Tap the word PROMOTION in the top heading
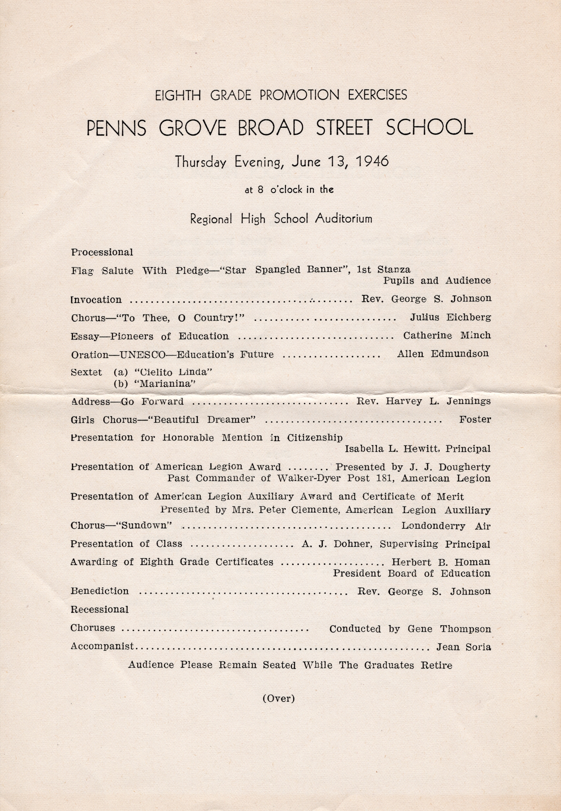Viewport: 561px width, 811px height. (299, 95)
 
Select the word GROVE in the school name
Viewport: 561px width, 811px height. (192, 128)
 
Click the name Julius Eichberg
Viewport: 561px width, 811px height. (450, 317)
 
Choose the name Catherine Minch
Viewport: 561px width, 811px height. (447, 336)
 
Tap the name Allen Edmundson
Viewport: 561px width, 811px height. (443, 354)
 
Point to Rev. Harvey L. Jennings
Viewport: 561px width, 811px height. (423, 401)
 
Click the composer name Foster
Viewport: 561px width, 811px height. (475, 419)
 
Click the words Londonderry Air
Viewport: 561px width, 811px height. (446, 526)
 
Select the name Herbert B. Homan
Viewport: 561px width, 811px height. (441, 562)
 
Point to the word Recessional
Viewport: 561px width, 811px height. (100, 609)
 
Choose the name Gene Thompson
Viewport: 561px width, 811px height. (449, 628)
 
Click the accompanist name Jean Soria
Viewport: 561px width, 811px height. (463, 647)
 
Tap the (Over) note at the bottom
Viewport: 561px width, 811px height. (278, 698)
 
